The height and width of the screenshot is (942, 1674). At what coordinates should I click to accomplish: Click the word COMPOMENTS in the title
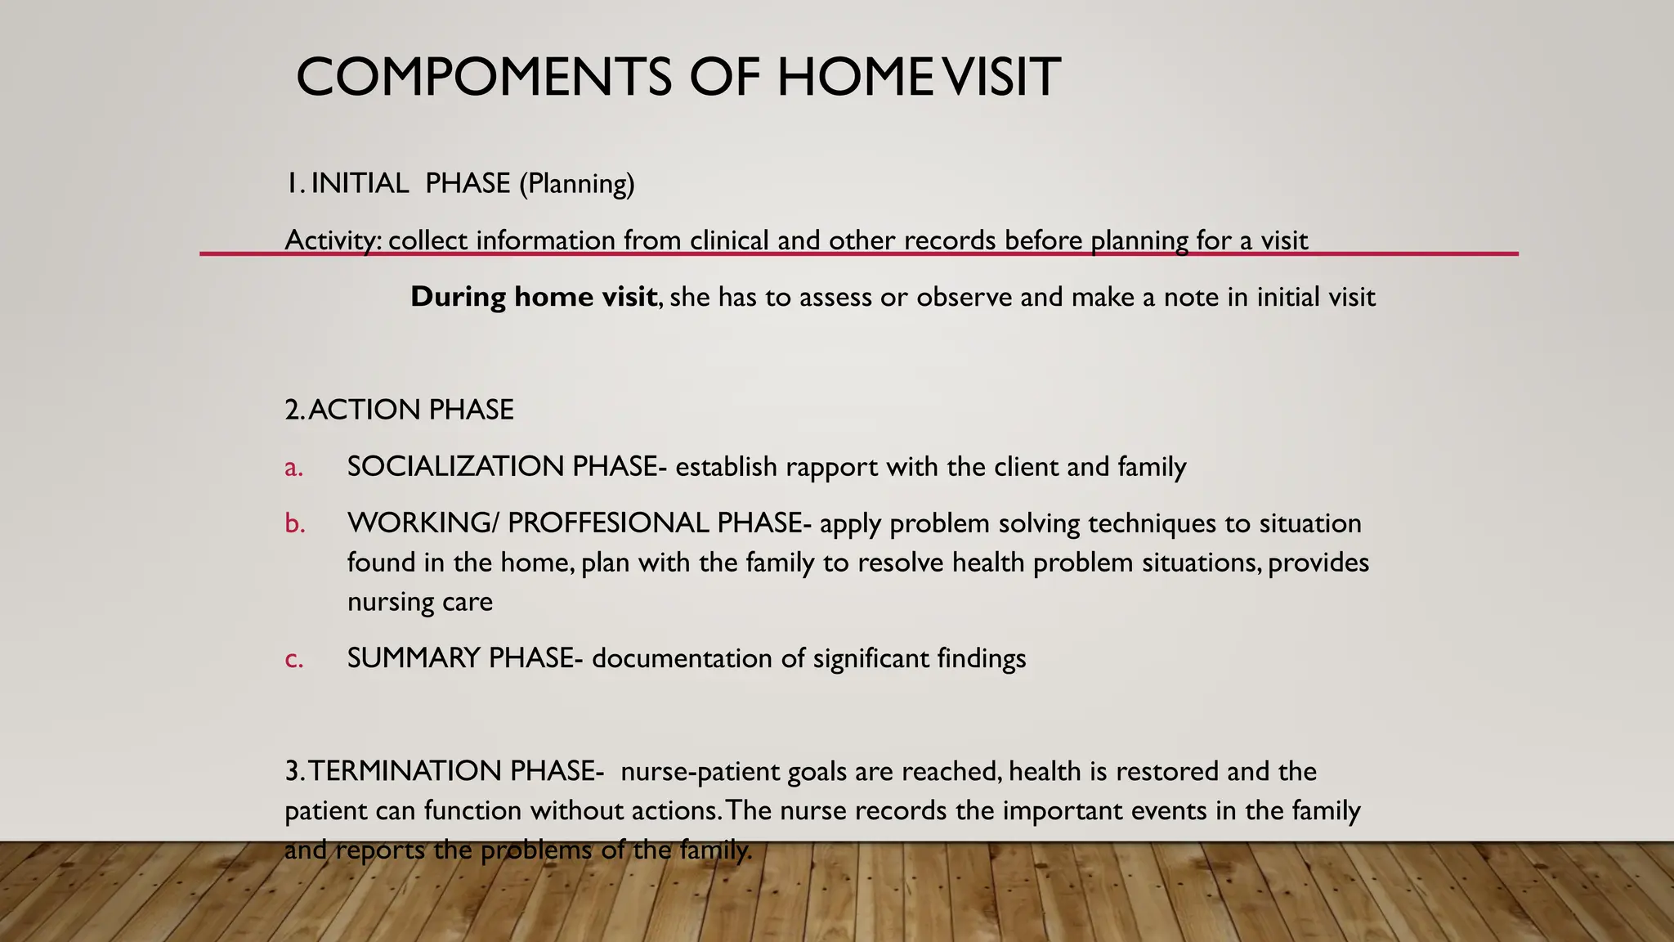click(x=484, y=78)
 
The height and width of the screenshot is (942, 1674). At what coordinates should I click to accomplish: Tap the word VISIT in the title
click(x=997, y=78)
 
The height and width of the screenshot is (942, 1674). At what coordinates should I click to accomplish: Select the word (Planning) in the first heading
click(x=577, y=183)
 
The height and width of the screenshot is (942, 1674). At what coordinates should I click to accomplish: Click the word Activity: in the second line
click(x=333, y=240)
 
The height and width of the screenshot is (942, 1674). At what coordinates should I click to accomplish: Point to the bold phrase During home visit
click(x=534, y=296)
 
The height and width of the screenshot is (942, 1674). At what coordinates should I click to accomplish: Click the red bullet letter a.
click(x=293, y=468)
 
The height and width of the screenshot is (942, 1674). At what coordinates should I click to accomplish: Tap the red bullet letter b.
click(x=294, y=523)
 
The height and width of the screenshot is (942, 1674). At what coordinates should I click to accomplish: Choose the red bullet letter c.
click(x=293, y=659)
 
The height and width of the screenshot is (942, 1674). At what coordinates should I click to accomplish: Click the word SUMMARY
click(x=413, y=658)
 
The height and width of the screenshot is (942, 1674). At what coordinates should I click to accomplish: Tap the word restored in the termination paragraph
click(x=1167, y=771)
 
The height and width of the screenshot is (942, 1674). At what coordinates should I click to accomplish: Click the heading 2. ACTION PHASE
click(x=399, y=410)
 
